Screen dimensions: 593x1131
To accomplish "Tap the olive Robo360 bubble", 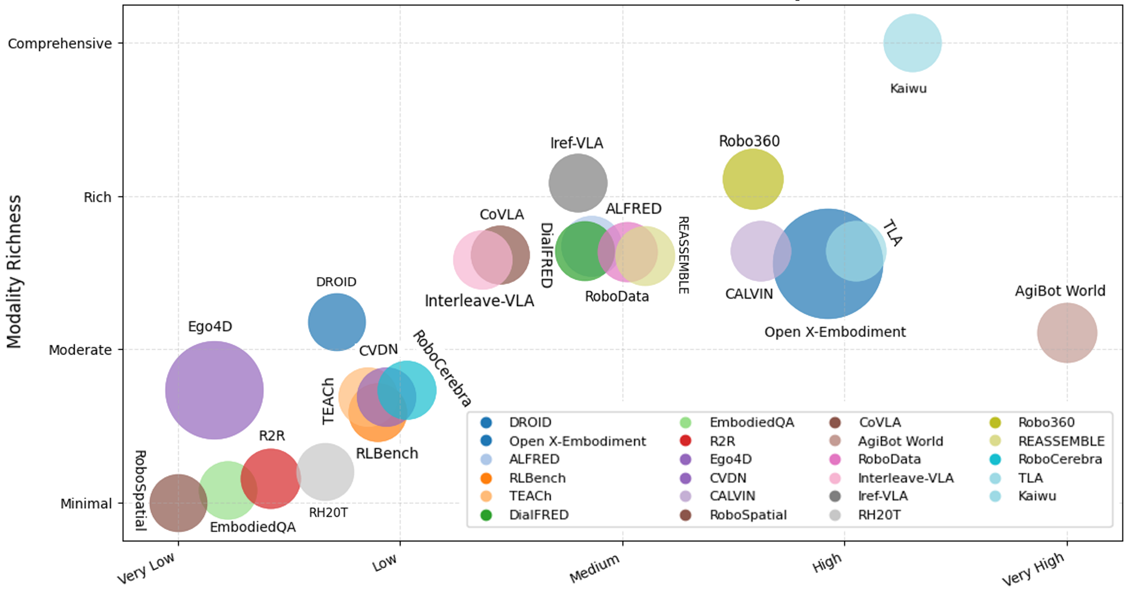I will [x=753, y=179].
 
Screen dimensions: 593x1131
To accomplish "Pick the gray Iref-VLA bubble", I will [x=578, y=183].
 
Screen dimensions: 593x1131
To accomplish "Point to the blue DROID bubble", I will [x=337, y=322].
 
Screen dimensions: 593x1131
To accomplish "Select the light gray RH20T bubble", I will [x=325, y=472].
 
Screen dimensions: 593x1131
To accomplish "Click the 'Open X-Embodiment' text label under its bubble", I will [x=835, y=332].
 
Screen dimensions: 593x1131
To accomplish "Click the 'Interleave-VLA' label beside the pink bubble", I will [x=479, y=301].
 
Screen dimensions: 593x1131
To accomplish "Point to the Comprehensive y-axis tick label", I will [x=60, y=43].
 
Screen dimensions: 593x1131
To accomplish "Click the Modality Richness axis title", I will [x=14, y=272].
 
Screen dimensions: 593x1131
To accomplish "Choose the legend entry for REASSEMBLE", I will [x=1061, y=441].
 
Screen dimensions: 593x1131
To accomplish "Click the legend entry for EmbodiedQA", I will [x=751, y=422].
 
